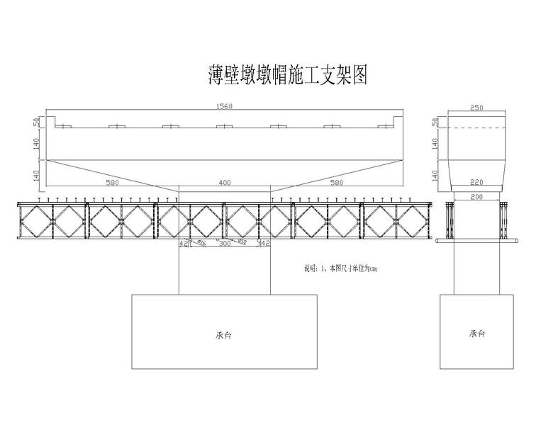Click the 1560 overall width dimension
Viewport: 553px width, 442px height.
[x=223, y=106]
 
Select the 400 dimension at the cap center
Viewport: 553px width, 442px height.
[x=225, y=183]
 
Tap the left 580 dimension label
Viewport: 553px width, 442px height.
[x=112, y=183]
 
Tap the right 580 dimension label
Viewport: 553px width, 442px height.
[x=337, y=183]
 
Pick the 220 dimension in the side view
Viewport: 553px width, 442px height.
[x=476, y=182]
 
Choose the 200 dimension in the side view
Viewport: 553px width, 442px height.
[x=476, y=196]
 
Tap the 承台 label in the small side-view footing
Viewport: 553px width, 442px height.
[x=476, y=334]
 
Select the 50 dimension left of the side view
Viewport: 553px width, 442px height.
[x=435, y=122]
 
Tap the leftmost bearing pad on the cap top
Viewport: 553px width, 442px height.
[x=64, y=127]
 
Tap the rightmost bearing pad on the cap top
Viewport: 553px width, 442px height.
[x=385, y=127]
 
